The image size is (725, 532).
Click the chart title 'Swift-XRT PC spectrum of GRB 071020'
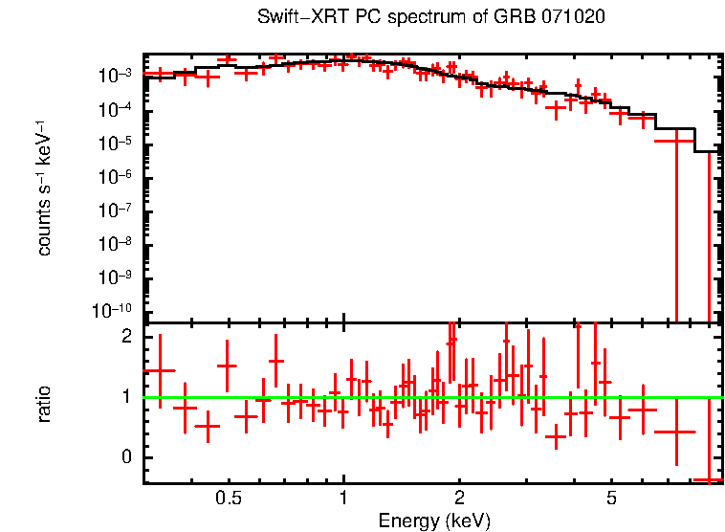[x=431, y=18]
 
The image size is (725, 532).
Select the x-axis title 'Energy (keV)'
[x=434, y=521]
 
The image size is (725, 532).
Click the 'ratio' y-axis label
[x=44, y=403]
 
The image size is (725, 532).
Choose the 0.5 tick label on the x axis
[x=228, y=499]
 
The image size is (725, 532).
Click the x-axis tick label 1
[x=343, y=499]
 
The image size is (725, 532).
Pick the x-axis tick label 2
[x=459, y=499]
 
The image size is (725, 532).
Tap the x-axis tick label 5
[x=611, y=499]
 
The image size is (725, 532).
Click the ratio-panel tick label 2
[x=125, y=337]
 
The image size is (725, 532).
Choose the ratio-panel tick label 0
[x=125, y=456]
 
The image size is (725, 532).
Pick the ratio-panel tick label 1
[x=125, y=396]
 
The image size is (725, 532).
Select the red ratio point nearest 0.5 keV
[x=227, y=366]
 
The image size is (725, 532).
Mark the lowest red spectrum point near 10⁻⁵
[x=675, y=141]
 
